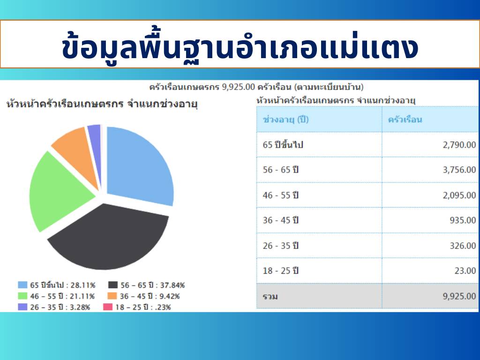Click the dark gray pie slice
pos(107,239)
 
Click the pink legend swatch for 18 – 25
pos(108,307)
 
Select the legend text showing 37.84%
pos(152,285)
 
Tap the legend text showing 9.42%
pos(150,296)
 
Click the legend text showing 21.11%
pos(62,296)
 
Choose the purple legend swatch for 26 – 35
pos(22,307)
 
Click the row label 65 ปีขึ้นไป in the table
pos(283,144)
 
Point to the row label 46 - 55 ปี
pos(280,195)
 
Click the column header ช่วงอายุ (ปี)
pos(285,120)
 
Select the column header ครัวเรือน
pos(405,120)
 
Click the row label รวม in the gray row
pos(270,296)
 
